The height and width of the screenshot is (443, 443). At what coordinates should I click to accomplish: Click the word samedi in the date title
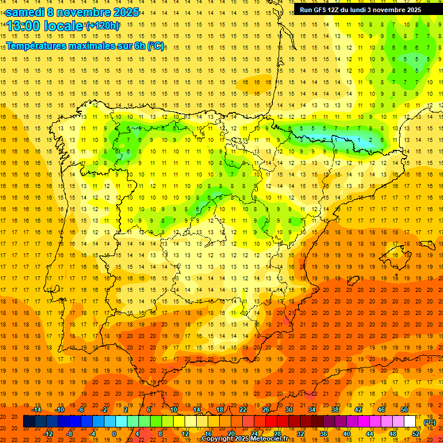coord(25,12)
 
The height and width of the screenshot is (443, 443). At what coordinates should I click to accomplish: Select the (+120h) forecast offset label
coord(102,26)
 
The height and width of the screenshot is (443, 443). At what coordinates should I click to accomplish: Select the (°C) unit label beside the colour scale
coord(430,422)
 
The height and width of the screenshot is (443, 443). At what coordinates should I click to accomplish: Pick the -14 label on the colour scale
coord(36,410)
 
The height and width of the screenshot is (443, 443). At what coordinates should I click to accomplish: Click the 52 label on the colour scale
coord(416,433)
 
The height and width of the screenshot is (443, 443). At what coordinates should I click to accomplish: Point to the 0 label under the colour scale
coord(115,433)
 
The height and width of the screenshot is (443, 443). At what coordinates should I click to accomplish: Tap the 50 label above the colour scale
coord(404,410)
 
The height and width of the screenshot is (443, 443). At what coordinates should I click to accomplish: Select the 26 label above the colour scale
coord(266,410)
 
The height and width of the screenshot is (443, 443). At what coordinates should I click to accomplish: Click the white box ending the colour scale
coord(410,422)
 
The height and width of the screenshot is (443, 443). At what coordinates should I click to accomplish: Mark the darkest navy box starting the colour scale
coord(29,422)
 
